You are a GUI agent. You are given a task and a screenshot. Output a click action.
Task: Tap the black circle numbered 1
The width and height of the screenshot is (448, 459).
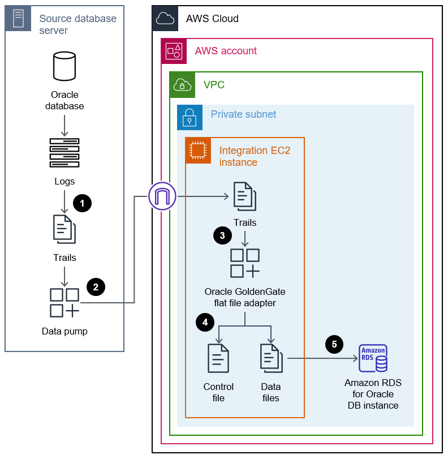(83, 203)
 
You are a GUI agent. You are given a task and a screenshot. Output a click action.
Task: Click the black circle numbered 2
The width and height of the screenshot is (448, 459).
(96, 286)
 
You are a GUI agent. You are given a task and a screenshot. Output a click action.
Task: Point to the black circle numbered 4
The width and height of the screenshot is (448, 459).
(205, 322)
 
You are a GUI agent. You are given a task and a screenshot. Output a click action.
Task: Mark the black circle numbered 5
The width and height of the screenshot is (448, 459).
(334, 344)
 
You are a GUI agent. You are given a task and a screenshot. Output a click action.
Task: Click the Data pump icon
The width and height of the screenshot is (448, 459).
(64, 303)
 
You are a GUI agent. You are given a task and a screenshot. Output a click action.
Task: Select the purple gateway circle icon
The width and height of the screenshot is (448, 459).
(162, 196)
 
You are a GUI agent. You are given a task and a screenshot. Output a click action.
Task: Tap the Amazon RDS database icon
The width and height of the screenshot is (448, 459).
(373, 358)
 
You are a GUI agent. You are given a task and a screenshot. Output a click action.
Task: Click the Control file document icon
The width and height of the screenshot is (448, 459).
(218, 359)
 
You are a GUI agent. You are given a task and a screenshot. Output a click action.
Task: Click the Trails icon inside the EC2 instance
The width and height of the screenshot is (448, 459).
(244, 196)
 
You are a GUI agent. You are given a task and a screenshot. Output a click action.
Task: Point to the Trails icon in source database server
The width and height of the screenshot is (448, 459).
(64, 229)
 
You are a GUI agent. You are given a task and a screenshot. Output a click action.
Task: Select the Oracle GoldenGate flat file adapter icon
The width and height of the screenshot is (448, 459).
(245, 263)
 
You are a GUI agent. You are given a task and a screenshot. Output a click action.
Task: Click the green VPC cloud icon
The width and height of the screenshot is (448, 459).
(183, 85)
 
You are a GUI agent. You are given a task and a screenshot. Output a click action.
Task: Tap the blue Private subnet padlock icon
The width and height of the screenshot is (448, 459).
(189, 117)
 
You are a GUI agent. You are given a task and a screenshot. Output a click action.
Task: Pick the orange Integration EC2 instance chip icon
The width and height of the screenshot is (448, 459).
(198, 150)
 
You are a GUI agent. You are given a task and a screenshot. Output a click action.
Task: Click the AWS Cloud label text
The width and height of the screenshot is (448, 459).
(212, 19)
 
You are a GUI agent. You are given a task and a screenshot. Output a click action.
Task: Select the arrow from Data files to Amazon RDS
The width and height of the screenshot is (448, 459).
(322, 358)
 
